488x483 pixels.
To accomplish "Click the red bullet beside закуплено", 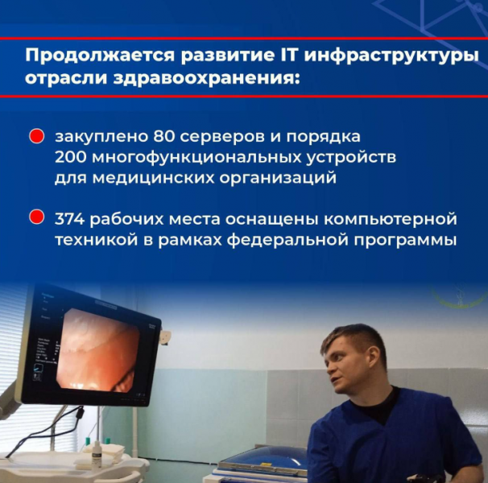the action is [36, 137].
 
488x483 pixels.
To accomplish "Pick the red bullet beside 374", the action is [36, 217].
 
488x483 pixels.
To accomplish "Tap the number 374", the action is [70, 219].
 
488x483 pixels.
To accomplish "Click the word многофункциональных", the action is [197, 159].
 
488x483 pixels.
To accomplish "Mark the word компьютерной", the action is [391, 220].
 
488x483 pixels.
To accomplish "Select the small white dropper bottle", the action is [97, 455].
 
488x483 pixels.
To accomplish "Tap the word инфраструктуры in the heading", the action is [391, 57].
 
